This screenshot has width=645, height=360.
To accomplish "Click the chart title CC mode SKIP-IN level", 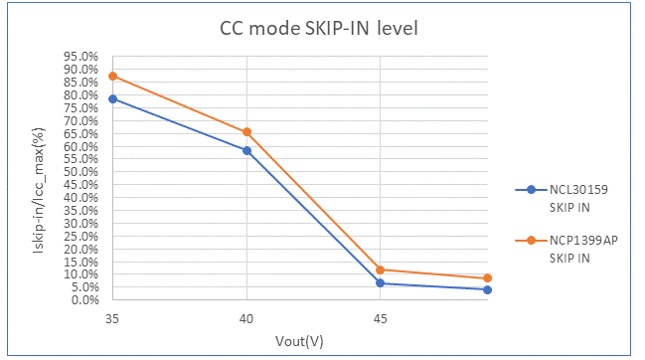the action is pyautogui.click(x=319, y=29).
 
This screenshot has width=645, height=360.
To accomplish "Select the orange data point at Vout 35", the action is pyautogui.click(x=112, y=77).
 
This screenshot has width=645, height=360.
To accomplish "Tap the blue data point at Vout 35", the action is pyautogui.click(x=112, y=98).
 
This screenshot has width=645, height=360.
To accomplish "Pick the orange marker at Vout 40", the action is pyautogui.click(x=246, y=132).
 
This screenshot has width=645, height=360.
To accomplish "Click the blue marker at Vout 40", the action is pyautogui.click(x=246, y=150).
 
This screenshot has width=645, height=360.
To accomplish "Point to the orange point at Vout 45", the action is pyautogui.click(x=380, y=270).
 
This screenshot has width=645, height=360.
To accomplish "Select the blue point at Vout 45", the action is pyautogui.click(x=380, y=283).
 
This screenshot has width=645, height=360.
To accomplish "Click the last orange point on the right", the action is pyautogui.click(x=487, y=277).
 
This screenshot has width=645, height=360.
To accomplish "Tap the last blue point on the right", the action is pyautogui.click(x=487, y=290).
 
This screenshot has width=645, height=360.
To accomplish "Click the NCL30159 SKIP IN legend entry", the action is pyautogui.click(x=562, y=198).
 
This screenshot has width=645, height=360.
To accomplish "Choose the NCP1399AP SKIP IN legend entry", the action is pyautogui.click(x=566, y=249).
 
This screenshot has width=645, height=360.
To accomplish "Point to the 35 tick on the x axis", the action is pyautogui.click(x=112, y=319).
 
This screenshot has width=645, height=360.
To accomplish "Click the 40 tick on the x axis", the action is pyautogui.click(x=246, y=319).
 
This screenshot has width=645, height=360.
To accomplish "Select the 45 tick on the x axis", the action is pyautogui.click(x=380, y=319).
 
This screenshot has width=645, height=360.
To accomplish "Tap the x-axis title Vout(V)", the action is pyautogui.click(x=299, y=341).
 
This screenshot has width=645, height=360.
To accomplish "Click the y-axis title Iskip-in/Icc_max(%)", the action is pyautogui.click(x=38, y=190).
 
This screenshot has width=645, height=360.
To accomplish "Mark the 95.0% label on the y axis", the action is pyautogui.click(x=81, y=57).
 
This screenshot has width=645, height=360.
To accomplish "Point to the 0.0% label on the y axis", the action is pyautogui.click(x=85, y=300).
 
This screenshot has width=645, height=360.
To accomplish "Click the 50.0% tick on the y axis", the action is pyautogui.click(x=81, y=172).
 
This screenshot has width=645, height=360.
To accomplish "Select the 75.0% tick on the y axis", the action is pyautogui.click(x=81, y=108).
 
